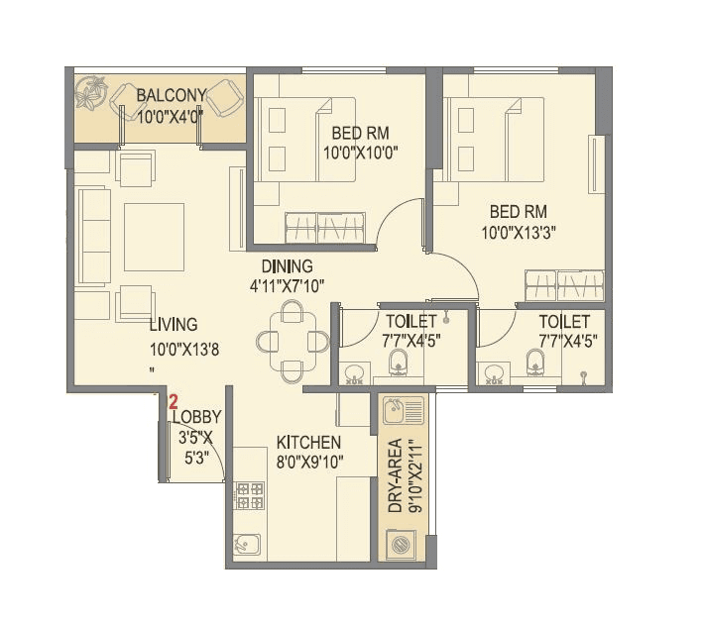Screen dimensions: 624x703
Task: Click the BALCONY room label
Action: [x=171, y=95]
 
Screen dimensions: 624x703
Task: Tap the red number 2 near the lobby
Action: [x=173, y=402]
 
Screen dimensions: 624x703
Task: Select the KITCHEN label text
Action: [x=308, y=442]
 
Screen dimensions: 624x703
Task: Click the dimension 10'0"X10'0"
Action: [x=360, y=153]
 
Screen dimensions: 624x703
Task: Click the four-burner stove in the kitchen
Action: [x=248, y=493]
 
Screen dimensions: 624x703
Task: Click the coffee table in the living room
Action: [x=154, y=236]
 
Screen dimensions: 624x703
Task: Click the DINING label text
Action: [x=288, y=266]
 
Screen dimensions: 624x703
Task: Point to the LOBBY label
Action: [x=196, y=418]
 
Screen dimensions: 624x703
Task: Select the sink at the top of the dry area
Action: [x=403, y=409]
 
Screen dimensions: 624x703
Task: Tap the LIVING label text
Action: [x=174, y=324]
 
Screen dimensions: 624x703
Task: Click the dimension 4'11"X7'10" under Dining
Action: [x=288, y=285]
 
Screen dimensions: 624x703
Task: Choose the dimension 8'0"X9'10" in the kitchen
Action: [x=308, y=461]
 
